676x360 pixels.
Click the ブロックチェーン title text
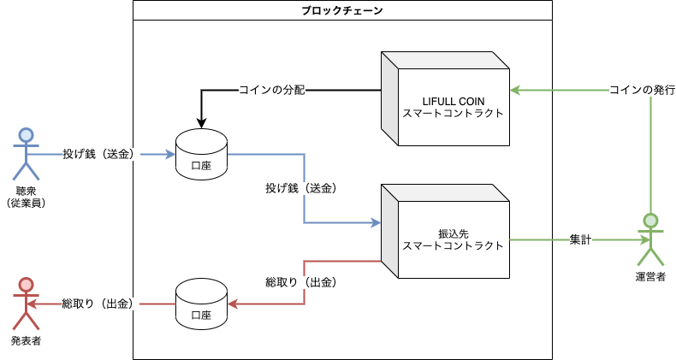tap(342, 10)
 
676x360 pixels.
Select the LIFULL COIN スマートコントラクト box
tap(445, 98)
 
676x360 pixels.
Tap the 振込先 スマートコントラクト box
tap(445, 231)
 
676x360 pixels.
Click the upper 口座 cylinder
tap(201, 154)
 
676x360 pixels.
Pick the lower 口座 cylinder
tap(201, 304)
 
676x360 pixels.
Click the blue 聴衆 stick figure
tap(27, 154)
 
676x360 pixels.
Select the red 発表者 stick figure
tap(27, 304)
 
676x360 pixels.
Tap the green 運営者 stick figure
tap(650, 239)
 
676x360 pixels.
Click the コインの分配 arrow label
tap(272, 90)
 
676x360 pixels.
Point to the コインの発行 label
tap(642, 90)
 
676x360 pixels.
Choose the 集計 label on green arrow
tap(580, 239)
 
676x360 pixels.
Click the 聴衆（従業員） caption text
tap(27, 198)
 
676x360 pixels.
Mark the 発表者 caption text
tap(27, 341)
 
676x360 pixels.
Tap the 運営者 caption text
tap(650, 277)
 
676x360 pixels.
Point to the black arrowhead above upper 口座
tap(201, 124)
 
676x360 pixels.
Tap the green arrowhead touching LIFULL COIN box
tap(516, 91)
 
